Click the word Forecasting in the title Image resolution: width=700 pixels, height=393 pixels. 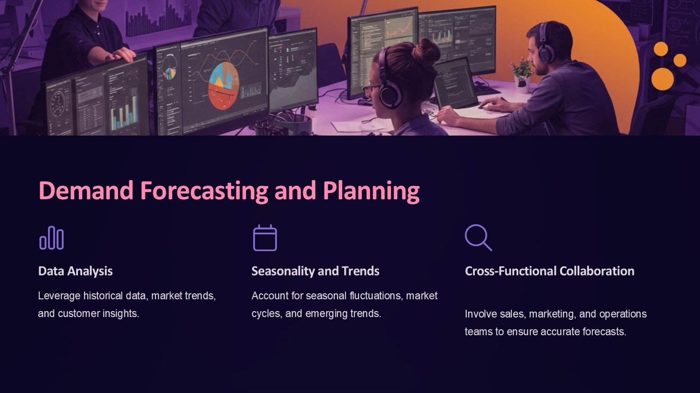coord(204,191)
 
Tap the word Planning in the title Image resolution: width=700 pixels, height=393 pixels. coord(371,191)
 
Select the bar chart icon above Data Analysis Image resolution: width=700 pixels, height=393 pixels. coord(51,238)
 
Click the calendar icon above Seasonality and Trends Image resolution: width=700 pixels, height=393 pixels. coord(265,238)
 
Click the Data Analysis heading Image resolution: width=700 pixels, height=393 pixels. coord(75,271)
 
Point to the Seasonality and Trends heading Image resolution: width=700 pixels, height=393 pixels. coord(315,271)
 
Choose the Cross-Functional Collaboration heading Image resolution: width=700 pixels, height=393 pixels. coord(550,271)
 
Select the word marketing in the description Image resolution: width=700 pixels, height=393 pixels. coord(552,314)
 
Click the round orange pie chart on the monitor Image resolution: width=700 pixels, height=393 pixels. coord(223,86)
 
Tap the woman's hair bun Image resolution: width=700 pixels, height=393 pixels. coord(426,51)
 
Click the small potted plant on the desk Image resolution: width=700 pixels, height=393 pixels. coord(521,75)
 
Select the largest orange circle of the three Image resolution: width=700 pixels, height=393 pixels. coord(663,79)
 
